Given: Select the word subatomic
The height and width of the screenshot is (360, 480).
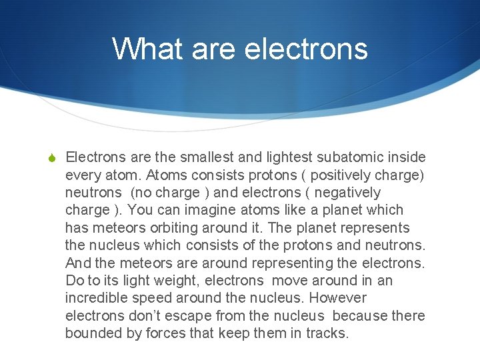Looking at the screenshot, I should (357, 157).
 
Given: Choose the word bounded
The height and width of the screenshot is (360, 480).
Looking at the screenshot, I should (93, 333).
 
